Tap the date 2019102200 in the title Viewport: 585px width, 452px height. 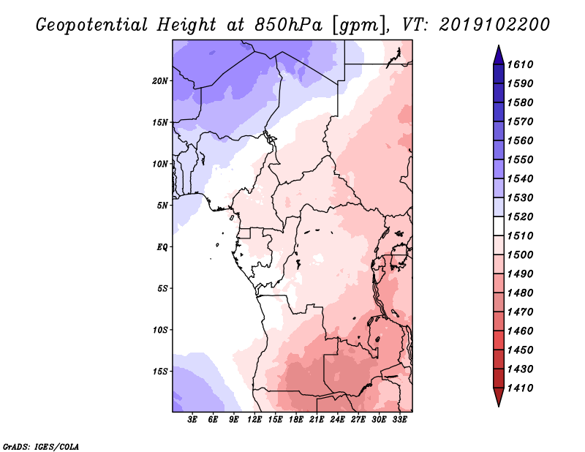coord(495,24)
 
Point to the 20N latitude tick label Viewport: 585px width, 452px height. coord(160,80)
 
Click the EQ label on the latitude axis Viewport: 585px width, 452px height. coord(162,246)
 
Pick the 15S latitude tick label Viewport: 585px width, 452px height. coord(160,371)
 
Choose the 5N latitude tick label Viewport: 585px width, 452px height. coord(162,205)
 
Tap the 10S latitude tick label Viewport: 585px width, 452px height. coord(160,329)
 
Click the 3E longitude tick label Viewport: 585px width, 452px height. coord(193,420)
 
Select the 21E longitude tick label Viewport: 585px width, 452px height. coord(317,420)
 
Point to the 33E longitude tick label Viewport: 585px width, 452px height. coord(399,420)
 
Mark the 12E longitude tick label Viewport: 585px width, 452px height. coord(254,420)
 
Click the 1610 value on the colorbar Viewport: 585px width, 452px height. coord(523,64)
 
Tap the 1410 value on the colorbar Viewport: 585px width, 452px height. coord(523,388)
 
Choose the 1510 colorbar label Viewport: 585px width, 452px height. coord(523,236)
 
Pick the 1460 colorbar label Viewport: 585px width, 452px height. coord(523,331)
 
